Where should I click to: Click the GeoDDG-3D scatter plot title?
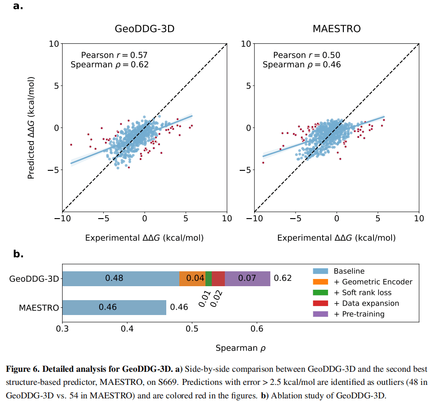click(x=145, y=29)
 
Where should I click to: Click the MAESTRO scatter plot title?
click(x=337, y=29)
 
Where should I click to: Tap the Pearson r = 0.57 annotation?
click(x=114, y=55)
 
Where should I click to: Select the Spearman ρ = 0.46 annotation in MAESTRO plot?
click(x=301, y=64)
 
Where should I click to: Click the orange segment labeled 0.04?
click(x=192, y=279)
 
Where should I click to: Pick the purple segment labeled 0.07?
click(x=247, y=279)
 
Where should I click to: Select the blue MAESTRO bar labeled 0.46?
click(x=114, y=307)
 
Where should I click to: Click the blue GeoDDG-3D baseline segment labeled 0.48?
click(x=120, y=279)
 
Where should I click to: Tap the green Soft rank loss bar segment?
click(x=209, y=279)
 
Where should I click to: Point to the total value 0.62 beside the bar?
click(x=283, y=279)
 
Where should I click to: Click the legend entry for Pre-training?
click(x=359, y=314)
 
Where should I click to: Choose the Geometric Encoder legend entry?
click(x=373, y=282)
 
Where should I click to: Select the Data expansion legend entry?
click(x=366, y=303)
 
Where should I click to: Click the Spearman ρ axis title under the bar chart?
click(x=238, y=347)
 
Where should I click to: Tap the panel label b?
click(x=18, y=254)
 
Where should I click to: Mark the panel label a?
click(x=18, y=6)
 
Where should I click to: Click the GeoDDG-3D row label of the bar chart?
click(x=34, y=279)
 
